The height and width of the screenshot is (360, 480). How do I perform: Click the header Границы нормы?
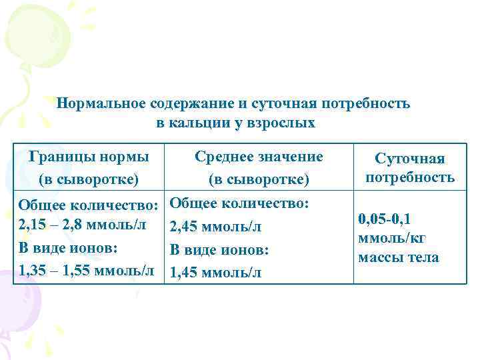coord(89,157)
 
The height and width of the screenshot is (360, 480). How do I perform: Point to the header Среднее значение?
coord(259,157)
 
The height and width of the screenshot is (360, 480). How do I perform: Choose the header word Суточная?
coord(409,159)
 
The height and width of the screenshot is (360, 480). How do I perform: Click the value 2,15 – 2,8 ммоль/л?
coord(83,224)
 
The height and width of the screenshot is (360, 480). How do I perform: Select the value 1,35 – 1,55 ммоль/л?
coord(87,271)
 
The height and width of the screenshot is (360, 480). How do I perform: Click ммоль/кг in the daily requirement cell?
coord(391,238)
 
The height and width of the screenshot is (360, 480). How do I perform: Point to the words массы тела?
coord(399,257)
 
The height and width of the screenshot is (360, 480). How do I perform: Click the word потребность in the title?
coord(365,104)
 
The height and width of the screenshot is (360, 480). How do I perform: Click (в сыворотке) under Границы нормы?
coord(89,179)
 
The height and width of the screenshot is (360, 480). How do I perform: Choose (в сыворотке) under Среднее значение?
coord(259,179)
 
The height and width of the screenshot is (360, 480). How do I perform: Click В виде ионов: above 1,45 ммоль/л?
coord(219,250)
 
